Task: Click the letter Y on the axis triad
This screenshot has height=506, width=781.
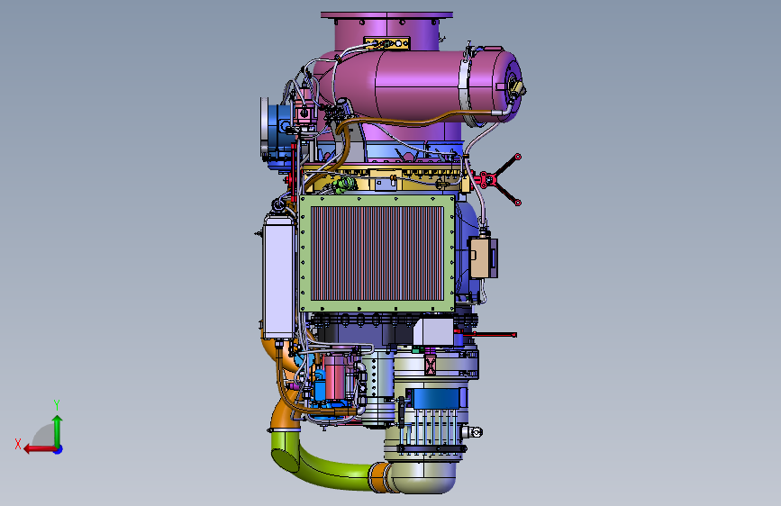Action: [57, 404]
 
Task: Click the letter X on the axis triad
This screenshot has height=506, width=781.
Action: [18, 444]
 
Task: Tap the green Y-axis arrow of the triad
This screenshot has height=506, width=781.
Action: [58, 430]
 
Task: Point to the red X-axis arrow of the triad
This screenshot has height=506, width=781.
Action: [40, 449]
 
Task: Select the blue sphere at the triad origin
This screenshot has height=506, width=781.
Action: [59, 449]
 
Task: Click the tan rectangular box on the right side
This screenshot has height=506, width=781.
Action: [481, 258]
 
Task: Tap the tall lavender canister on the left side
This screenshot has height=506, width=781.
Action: [278, 276]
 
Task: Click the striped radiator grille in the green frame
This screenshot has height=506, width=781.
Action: [377, 253]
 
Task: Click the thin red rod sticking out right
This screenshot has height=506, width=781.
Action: [490, 335]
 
